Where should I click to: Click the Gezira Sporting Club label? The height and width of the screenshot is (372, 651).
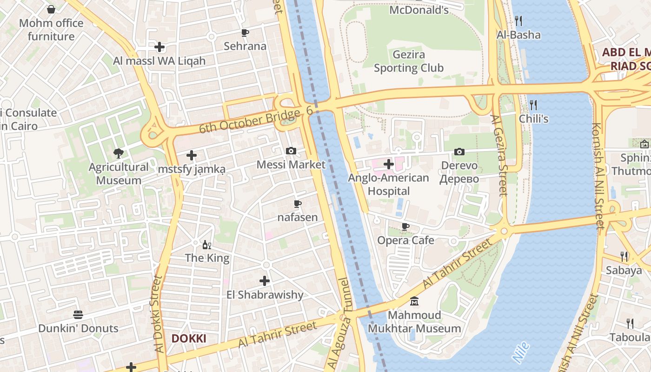[409, 61]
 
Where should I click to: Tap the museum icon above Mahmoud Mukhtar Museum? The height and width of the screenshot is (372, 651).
[414, 301]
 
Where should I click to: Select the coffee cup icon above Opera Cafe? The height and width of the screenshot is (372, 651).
[405, 227]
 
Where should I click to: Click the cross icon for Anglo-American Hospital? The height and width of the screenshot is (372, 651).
[388, 164]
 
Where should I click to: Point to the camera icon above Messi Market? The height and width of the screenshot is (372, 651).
[291, 151]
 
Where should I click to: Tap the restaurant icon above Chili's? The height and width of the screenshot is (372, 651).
[533, 105]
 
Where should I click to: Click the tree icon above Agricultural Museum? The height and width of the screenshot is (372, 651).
[119, 153]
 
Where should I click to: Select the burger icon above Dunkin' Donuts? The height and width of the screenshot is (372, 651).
[78, 315]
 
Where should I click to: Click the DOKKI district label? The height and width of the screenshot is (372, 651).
[189, 339]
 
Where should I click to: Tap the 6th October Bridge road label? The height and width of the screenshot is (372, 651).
[256, 120]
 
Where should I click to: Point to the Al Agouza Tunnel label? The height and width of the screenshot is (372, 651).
[339, 324]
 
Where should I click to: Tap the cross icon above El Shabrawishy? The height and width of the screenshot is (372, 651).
[265, 281]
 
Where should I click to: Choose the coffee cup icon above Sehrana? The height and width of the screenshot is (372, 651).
[245, 33]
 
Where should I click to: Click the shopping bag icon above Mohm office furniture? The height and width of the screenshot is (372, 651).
[51, 9]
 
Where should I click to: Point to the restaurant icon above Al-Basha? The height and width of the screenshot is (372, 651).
[519, 21]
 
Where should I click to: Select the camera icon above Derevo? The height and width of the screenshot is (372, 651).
[459, 152]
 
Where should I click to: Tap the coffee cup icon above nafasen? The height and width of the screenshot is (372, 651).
[298, 204]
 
